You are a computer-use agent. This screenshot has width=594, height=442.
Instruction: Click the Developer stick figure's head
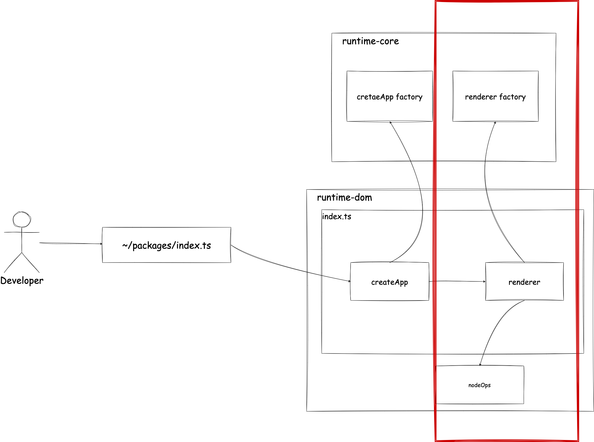22,219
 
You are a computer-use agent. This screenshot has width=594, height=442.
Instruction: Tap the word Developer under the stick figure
22,281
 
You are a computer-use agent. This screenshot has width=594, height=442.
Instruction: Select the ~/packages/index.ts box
166,245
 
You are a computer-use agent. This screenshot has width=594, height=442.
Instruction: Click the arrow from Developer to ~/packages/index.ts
71,243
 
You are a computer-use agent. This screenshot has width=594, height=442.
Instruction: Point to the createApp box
389,282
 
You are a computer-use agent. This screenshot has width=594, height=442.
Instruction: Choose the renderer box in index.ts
524,282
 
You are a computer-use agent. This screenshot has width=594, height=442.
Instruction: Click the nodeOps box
479,385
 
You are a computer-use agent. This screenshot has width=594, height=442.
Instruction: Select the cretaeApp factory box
389,97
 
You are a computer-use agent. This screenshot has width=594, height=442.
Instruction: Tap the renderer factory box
495,97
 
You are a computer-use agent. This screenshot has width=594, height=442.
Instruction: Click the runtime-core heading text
370,41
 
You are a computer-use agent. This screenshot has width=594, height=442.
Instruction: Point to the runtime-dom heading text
344,197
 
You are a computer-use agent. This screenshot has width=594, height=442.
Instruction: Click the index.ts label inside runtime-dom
336,216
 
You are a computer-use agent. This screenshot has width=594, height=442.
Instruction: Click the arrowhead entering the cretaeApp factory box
390,123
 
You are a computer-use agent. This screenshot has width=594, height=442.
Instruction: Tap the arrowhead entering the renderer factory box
495,123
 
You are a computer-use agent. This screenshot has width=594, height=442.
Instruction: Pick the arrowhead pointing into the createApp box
349,281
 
